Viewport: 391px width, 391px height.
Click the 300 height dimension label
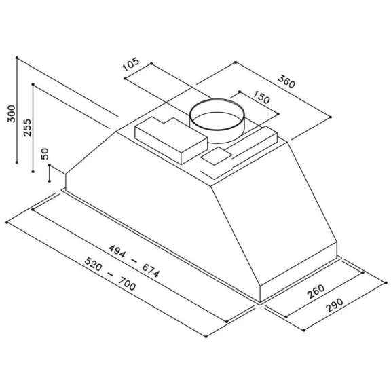point(12,114)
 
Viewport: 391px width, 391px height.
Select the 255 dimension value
point(27,128)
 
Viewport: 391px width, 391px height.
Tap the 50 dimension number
point(45,153)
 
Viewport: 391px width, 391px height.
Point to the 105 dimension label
point(131,64)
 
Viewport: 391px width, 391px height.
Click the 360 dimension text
point(286,81)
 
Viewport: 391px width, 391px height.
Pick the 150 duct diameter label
point(261,97)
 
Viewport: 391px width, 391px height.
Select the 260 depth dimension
point(316,291)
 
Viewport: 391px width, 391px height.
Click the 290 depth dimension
point(335,305)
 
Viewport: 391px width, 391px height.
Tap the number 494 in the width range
point(117,251)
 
